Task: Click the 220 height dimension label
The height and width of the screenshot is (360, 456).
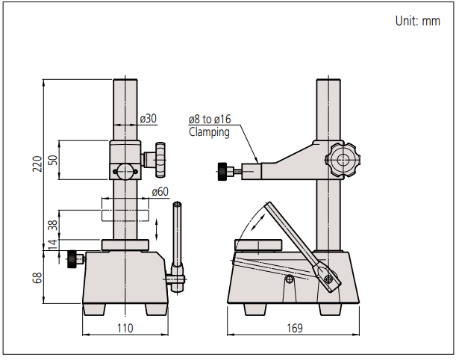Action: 37,164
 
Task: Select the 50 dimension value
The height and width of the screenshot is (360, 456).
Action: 51,159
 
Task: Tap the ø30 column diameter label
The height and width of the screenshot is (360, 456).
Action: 149,119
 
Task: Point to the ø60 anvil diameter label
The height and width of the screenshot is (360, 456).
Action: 160,191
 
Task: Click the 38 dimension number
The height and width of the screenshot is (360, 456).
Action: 51,226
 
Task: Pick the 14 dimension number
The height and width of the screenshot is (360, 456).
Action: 51,246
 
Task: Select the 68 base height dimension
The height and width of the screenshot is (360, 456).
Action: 38,278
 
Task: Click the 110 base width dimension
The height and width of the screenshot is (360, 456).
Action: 124,328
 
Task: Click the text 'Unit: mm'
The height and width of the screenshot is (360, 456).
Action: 417,21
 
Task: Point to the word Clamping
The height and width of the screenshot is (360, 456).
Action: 209,132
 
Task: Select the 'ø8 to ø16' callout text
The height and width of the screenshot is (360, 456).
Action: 210,120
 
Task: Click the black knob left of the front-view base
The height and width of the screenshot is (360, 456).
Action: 72,259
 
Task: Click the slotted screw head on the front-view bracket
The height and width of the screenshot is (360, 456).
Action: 125,171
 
